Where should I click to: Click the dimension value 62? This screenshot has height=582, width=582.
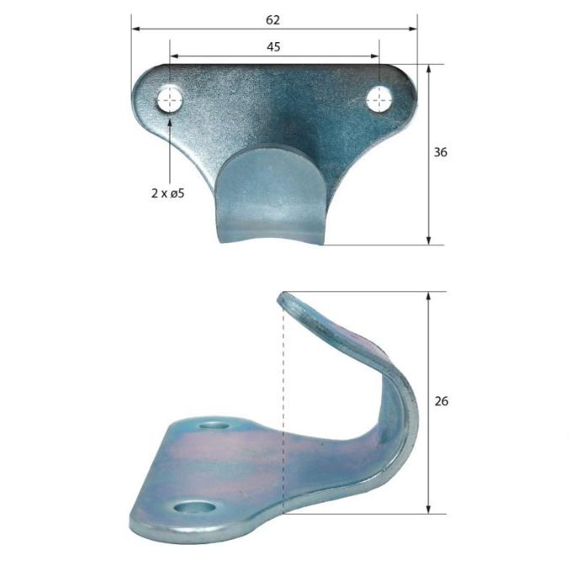click(x=272, y=19)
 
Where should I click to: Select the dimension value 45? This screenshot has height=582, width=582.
click(x=273, y=47)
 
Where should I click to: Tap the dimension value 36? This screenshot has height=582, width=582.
click(x=439, y=153)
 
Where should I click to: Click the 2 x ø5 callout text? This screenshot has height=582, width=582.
click(x=167, y=192)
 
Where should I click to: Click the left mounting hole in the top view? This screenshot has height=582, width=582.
click(x=170, y=100)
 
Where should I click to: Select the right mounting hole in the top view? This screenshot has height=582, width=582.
click(x=379, y=100)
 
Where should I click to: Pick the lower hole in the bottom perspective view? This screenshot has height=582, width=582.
click(x=194, y=507)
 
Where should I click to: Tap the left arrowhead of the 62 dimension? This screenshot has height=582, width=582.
click(x=134, y=29)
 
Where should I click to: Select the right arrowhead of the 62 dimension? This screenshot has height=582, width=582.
click(x=414, y=29)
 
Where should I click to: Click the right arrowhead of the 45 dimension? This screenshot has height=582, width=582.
click(x=376, y=57)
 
